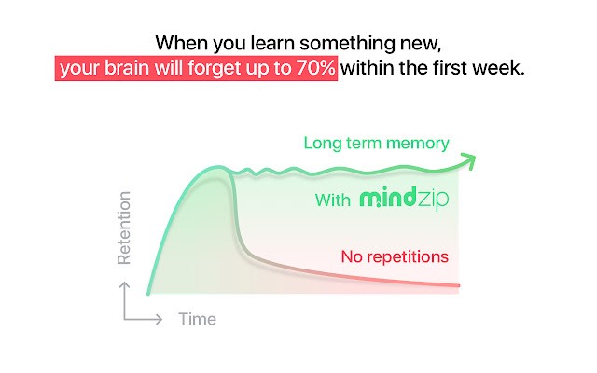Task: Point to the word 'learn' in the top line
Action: (273, 43)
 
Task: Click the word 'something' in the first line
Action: (347, 44)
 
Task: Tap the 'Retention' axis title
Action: (124, 228)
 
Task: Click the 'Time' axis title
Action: (197, 319)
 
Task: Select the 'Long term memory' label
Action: (376, 144)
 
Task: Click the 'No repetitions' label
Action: (395, 257)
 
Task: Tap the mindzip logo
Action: (404, 198)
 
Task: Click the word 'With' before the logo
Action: (333, 200)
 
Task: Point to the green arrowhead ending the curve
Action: (470, 160)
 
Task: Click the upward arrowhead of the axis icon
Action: (124, 285)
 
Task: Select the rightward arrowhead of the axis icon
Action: (159, 319)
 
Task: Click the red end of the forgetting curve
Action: (458, 285)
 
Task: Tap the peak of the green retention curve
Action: (218, 167)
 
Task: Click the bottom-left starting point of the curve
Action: (148, 293)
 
